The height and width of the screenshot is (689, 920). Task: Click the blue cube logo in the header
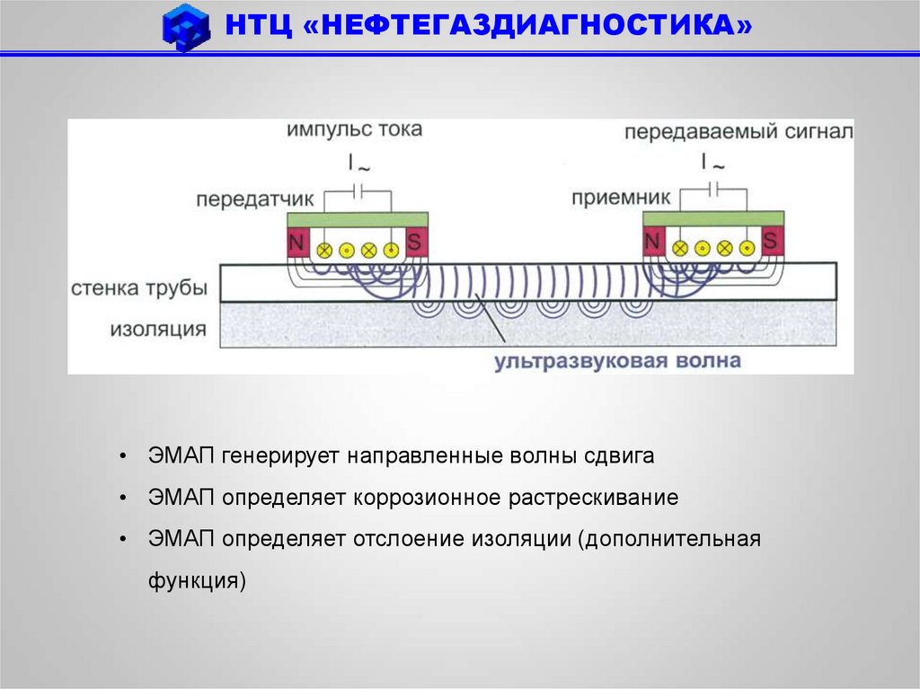[x=186, y=28]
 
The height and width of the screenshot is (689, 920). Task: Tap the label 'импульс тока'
[x=354, y=130]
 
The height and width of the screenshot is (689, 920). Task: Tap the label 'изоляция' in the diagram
[x=158, y=329]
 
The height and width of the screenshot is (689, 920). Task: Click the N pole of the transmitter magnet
[x=296, y=241]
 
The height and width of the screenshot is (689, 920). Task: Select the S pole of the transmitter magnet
[x=415, y=241]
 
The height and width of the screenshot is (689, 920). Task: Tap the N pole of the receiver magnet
[x=652, y=241]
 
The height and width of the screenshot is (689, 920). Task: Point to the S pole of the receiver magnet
[x=771, y=241]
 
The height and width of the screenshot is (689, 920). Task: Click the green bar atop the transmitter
[x=357, y=219]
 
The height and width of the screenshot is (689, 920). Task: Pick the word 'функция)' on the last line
[x=197, y=579]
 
